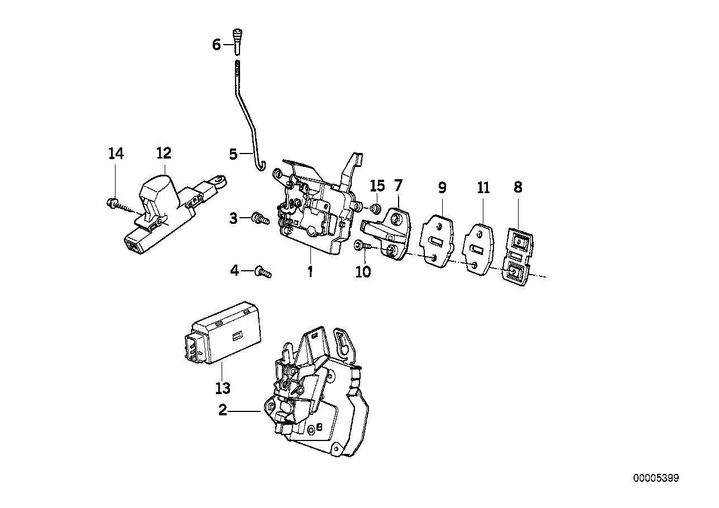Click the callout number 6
217,45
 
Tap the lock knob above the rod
237,40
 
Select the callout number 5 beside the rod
233,154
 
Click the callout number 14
116,153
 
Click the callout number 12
164,153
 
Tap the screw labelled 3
260,218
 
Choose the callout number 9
442,188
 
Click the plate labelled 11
478,248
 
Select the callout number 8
518,188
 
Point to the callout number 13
222,387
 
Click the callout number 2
223,411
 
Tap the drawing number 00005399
656,478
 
